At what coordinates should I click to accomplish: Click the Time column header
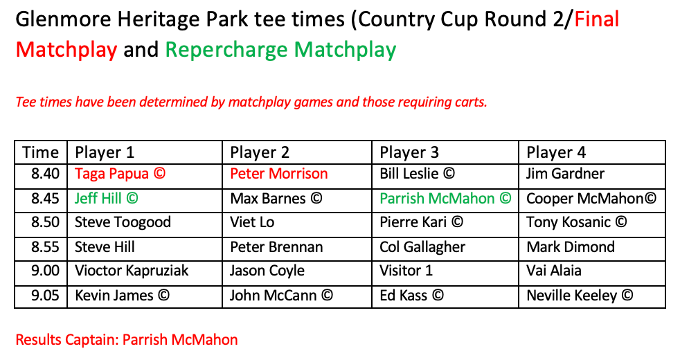pyautogui.click(x=40, y=152)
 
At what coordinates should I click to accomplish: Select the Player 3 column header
pyautogui.click(x=409, y=152)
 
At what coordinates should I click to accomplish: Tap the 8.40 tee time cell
pyautogui.click(x=45, y=174)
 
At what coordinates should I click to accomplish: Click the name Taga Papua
pyautogui.click(x=112, y=174)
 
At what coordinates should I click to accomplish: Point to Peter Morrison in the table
pyautogui.click(x=279, y=174)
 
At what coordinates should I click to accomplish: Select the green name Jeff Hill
pyautogui.click(x=98, y=198)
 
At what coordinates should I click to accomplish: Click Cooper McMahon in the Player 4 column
pyautogui.click(x=585, y=198)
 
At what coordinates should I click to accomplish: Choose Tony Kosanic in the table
pyautogui.click(x=569, y=222)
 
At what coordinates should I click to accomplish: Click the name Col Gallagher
pyautogui.click(x=422, y=247)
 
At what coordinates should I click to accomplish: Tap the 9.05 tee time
pyautogui.click(x=45, y=296)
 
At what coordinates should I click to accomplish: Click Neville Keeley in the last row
pyautogui.click(x=571, y=296)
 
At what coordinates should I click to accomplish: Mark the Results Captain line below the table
pyautogui.click(x=127, y=339)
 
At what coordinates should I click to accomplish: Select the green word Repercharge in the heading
pyautogui.click(x=226, y=49)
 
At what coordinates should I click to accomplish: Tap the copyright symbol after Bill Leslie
pyautogui.click(x=449, y=174)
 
